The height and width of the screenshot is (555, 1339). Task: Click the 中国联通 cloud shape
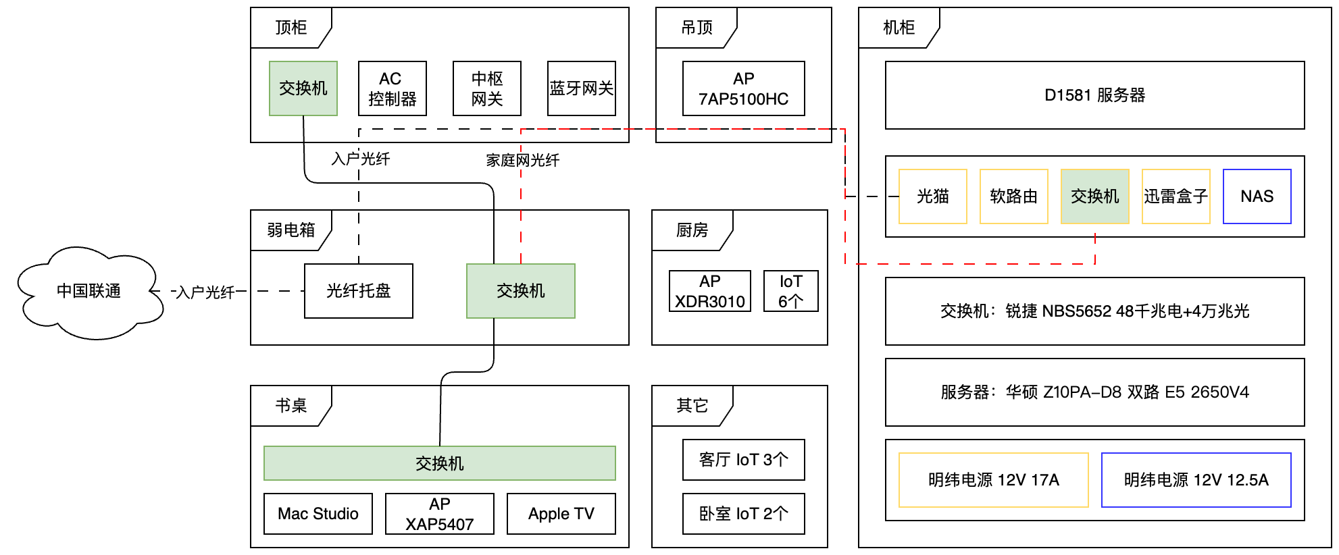coord(89,292)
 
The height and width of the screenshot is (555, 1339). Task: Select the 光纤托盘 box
coord(358,291)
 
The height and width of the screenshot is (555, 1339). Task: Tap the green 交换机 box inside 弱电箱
coord(520,291)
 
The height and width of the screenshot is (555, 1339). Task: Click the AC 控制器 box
coord(392,88)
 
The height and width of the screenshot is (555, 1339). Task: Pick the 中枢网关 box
coord(486,88)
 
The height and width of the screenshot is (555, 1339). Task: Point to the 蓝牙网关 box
coord(581,88)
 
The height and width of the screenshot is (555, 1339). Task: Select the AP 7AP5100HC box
coord(743,88)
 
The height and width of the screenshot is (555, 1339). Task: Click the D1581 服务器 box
coord(1094,95)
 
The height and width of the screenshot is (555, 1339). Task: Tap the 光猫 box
coord(932,196)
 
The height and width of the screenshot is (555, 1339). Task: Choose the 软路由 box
coord(1013,196)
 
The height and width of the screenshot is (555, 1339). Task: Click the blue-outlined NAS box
coord(1257,196)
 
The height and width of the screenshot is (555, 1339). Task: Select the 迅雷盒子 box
coord(1176,196)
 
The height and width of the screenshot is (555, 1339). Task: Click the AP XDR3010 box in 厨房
coord(709,291)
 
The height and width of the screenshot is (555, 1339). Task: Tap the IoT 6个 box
coord(790,291)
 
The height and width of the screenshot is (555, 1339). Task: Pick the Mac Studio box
coord(318,514)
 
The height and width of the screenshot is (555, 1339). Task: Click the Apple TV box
coord(561,514)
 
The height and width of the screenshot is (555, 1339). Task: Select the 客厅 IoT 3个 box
coord(743,460)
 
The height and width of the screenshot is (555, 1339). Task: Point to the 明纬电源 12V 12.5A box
coord(1196,480)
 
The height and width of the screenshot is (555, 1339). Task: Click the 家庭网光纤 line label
coord(522,160)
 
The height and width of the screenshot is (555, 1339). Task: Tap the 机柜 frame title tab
coord(899,28)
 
